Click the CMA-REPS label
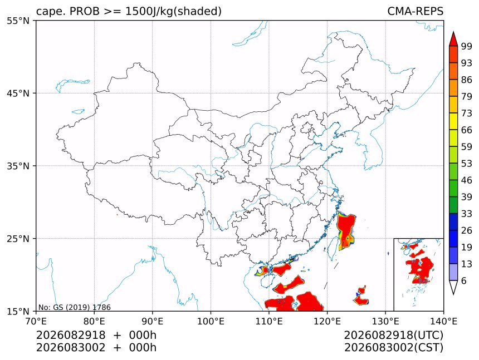pyautogui.click(x=415, y=11)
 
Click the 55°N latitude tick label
pyautogui.click(x=18, y=21)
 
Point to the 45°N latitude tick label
pyautogui.click(x=18, y=93)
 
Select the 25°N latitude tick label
pyautogui.click(x=18, y=239)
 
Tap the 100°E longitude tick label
pyautogui.click(x=211, y=321)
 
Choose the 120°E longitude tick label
pyautogui.click(x=327, y=321)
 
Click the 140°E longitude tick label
pyautogui.click(x=443, y=321)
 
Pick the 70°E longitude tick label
pyautogui.click(x=36, y=321)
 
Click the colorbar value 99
pyautogui.click(x=467, y=46)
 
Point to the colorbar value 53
pyautogui.click(x=467, y=164)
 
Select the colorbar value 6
pyautogui.click(x=464, y=280)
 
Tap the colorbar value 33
pyautogui.click(x=467, y=214)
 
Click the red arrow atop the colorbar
pyautogui.click(x=453, y=39)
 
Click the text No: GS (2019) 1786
pyautogui.click(x=75, y=307)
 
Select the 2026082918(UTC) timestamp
pyautogui.click(x=393, y=335)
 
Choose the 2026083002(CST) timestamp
pyautogui.click(x=393, y=348)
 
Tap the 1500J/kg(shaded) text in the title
pyautogui.click(x=174, y=12)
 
